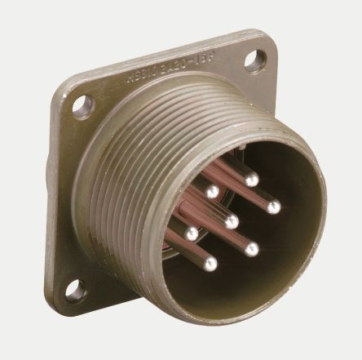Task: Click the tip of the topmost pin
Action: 252,178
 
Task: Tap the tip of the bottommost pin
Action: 211,264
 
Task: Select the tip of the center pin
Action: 232,221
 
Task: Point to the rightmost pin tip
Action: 273,206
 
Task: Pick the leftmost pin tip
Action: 192,233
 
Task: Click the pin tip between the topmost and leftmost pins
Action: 212,193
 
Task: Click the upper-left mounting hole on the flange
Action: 82,104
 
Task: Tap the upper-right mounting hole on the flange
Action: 256,58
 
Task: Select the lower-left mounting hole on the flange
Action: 77,290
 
